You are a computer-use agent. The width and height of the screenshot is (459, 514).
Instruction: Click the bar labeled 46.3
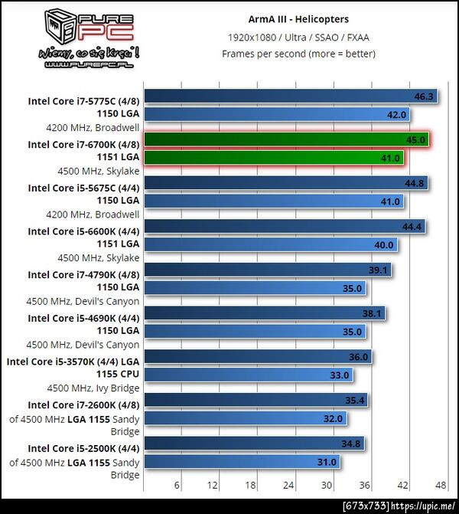point(291,97)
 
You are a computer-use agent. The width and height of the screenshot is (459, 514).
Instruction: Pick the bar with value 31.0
point(241,462)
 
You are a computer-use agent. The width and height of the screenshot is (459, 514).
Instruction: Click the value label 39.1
point(379,270)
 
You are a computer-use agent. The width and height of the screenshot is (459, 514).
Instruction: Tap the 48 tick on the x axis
point(441,485)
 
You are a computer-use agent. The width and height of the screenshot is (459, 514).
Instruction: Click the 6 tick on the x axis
point(177,485)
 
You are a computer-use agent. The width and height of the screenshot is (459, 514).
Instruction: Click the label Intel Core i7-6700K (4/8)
point(83,144)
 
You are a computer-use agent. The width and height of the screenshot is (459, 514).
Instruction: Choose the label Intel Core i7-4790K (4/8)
point(83,274)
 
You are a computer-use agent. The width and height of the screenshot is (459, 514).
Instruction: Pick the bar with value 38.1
point(265,313)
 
